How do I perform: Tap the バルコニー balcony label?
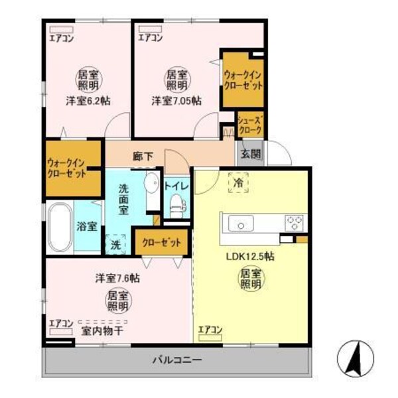(x=177, y=360)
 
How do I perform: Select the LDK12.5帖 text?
(x=251, y=255)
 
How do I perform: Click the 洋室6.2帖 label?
(x=88, y=101)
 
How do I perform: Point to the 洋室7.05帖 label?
(x=176, y=101)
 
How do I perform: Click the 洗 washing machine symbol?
(x=116, y=243)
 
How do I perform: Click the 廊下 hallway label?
(x=143, y=157)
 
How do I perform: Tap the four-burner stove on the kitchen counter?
(x=295, y=222)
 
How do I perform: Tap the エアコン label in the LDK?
(x=210, y=328)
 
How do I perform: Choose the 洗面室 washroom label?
(x=123, y=198)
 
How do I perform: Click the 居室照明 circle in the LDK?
(x=249, y=279)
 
